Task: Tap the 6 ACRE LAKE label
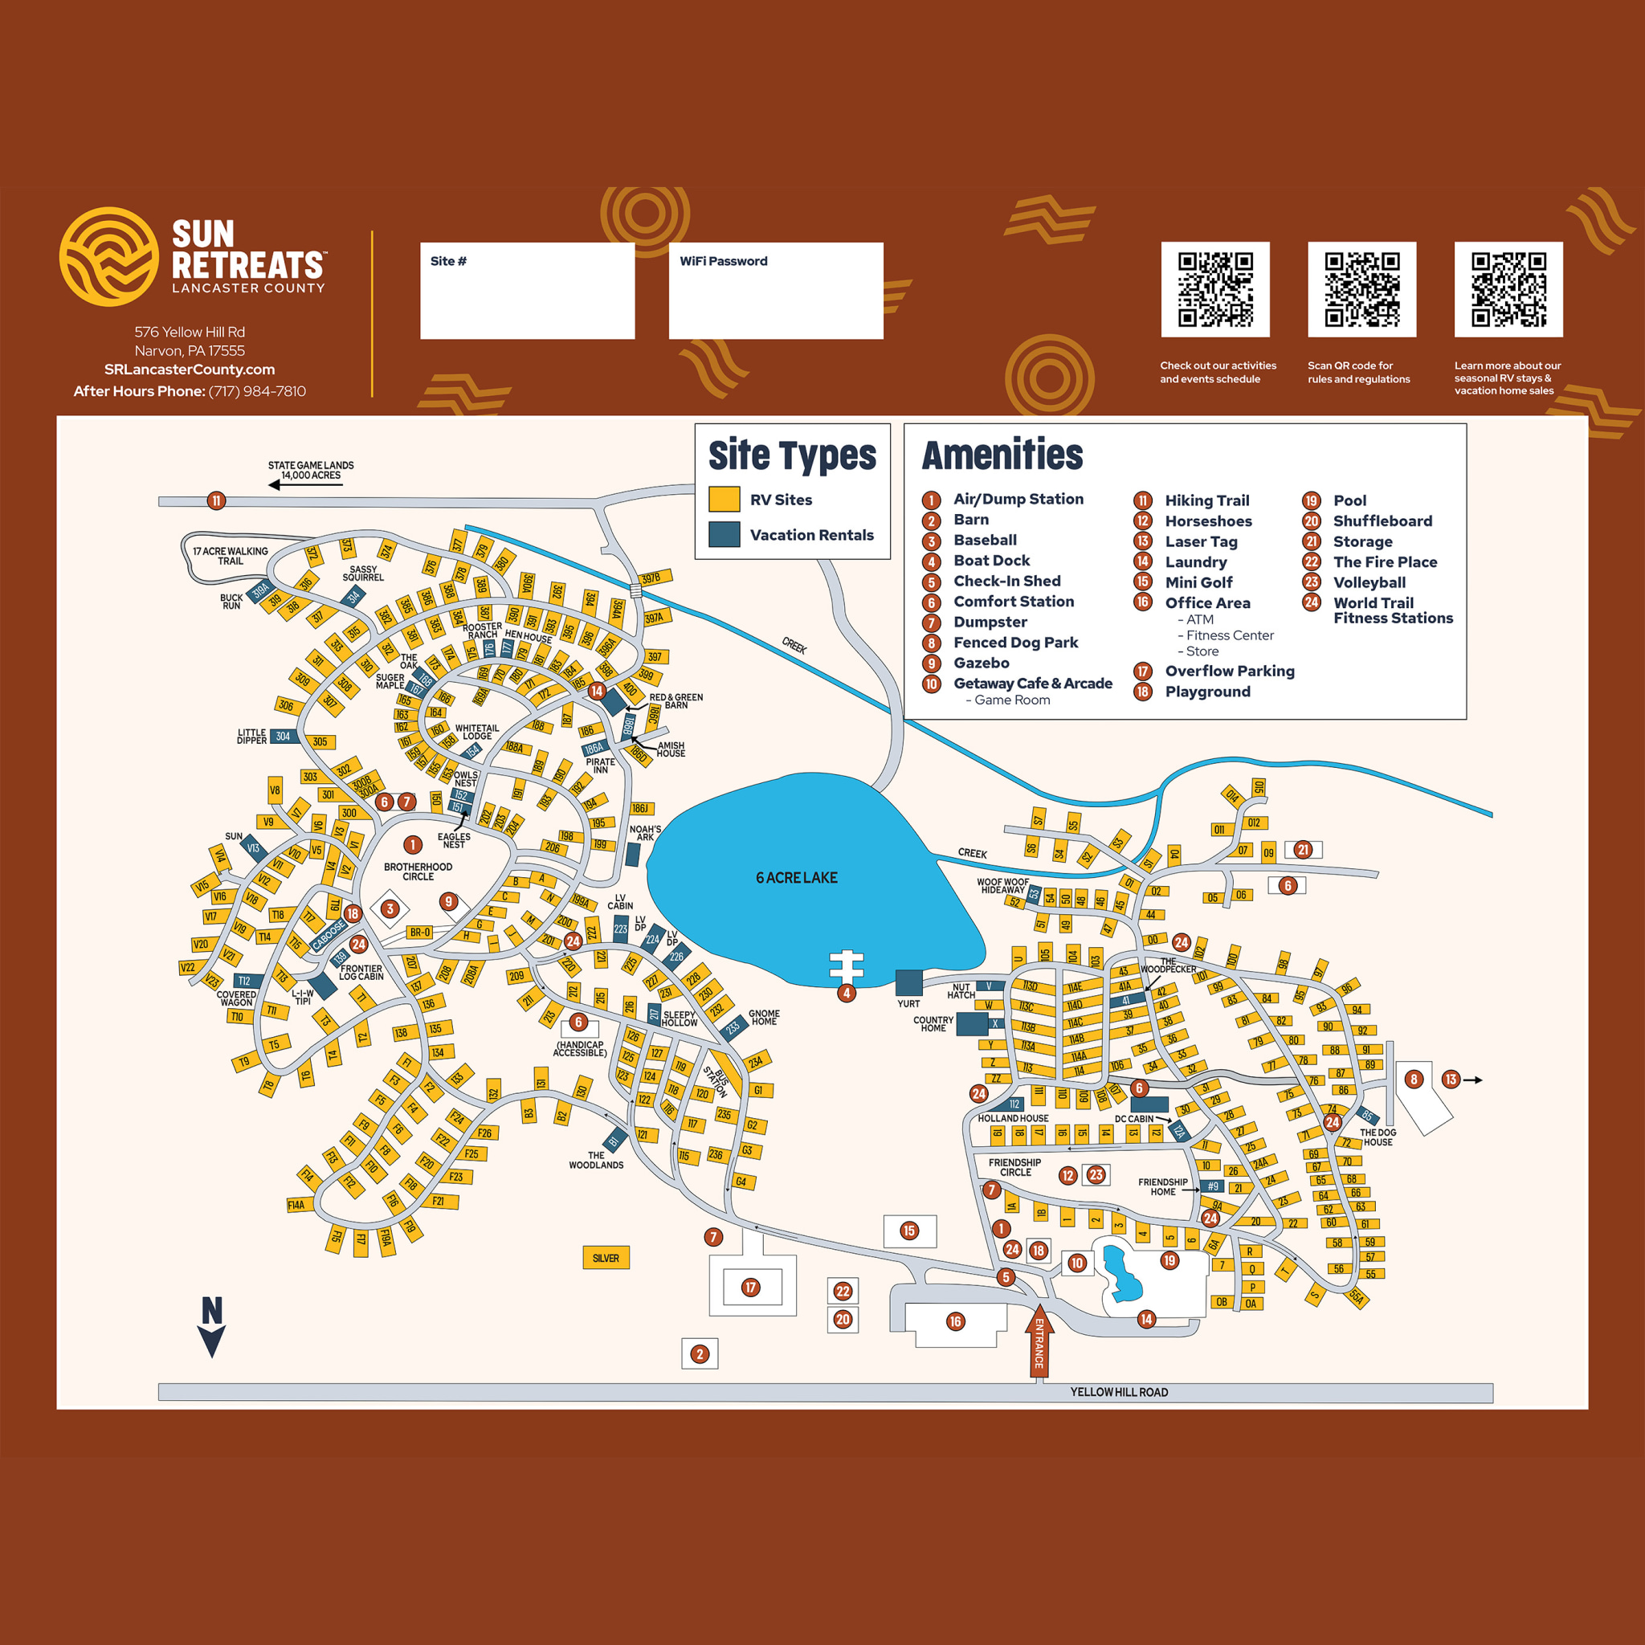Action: pos(796,878)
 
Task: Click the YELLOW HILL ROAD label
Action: pos(1119,1392)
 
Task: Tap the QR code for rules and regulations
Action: pos(1361,289)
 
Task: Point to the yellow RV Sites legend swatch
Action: pos(724,500)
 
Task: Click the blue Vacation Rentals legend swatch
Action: pos(724,535)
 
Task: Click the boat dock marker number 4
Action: pos(846,993)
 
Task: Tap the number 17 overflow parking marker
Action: pos(750,1288)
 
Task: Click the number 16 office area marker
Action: pos(955,1321)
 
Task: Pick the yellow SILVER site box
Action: pos(606,1259)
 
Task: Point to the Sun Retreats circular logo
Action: pos(108,256)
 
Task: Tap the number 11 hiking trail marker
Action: pos(216,500)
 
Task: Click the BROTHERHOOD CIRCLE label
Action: pos(417,871)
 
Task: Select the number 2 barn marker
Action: pos(700,1353)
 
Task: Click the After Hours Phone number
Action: pos(256,392)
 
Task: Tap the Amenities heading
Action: pos(1002,455)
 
